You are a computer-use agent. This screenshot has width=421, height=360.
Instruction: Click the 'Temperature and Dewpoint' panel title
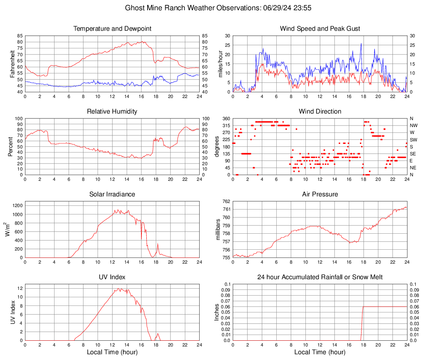(112, 29)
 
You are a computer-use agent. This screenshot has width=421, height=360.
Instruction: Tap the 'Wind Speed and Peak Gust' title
(320, 29)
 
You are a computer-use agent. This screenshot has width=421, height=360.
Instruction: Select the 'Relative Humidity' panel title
(112, 112)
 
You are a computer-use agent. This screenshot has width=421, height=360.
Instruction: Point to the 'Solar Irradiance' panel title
(112, 194)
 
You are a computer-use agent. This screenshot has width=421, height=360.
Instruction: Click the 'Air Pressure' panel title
(320, 194)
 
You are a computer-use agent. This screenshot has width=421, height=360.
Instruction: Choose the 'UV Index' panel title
(112, 277)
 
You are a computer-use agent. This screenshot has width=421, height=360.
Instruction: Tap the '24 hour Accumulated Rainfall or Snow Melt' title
(320, 277)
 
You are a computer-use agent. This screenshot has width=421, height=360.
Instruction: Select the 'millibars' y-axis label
(218, 230)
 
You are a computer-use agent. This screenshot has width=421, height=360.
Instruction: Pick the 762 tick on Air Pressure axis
(227, 201)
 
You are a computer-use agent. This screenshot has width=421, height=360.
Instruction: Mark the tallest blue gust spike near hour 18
(361, 44)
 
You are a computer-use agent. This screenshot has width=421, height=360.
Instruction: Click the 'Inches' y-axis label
(217, 312)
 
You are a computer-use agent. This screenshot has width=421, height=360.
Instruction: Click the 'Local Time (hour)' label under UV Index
(112, 352)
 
